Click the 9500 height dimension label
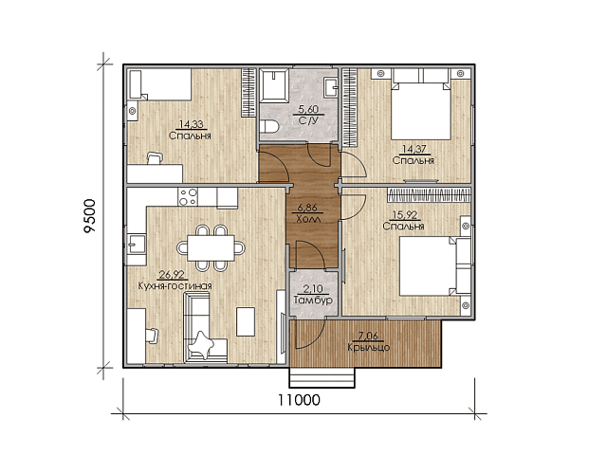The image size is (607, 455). click(89, 215)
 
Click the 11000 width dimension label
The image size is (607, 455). click(299, 400)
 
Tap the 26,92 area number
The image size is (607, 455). click(172, 275)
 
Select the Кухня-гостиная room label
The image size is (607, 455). click(175, 286)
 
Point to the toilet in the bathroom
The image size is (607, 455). click(269, 127)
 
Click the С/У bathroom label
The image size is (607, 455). click(308, 120)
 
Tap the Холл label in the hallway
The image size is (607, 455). click(308, 219)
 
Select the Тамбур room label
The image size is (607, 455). click(313, 300)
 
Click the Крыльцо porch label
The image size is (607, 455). click(369, 348)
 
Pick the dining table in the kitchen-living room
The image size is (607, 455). click(211, 248)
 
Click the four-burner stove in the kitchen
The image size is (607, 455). click(188, 196)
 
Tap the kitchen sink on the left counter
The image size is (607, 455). click(137, 244)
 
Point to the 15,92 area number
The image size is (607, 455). click(405, 215)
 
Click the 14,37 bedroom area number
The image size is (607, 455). click(414, 149)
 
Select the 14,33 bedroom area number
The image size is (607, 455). click(191, 124)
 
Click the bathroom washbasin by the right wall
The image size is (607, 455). click(331, 87)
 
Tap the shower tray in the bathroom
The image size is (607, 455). click(274, 86)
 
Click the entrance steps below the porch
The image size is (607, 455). click(322, 377)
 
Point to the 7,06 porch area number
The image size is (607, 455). click(368, 337)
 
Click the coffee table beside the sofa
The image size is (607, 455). click(246, 322)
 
